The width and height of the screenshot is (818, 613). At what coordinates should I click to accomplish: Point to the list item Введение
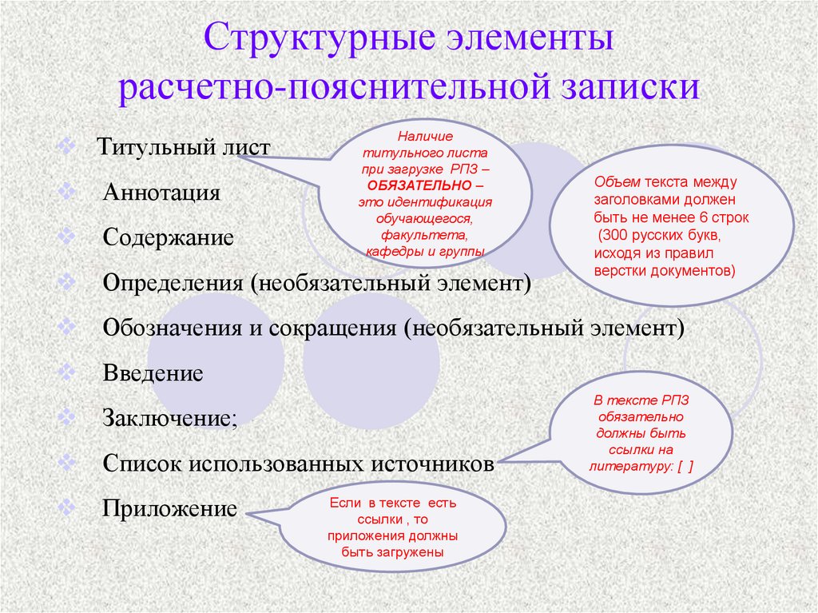(x=153, y=373)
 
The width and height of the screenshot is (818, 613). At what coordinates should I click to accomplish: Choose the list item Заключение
(x=169, y=418)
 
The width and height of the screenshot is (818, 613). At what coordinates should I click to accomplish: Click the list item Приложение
(x=169, y=508)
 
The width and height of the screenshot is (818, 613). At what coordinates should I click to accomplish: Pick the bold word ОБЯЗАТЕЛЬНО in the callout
(x=419, y=185)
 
